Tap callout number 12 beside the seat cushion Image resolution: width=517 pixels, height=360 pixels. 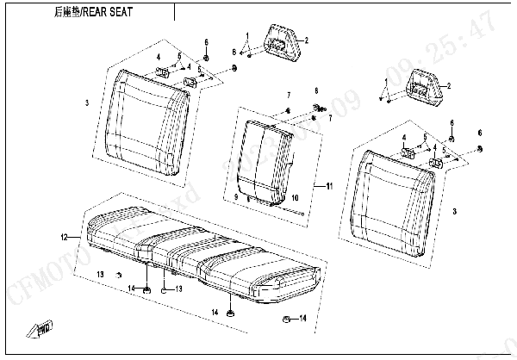[63, 236]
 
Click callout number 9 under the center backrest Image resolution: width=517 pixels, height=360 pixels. [234, 198]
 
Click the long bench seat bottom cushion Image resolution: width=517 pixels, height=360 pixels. [198, 250]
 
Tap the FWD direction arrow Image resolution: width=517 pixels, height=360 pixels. [41, 327]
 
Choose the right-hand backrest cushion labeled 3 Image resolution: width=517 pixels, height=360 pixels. [396, 194]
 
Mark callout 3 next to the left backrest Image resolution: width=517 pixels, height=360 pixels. [87, 103]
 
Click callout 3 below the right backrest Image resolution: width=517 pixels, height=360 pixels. [455, 210]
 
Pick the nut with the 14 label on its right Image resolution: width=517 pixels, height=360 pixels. [286, 320]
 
